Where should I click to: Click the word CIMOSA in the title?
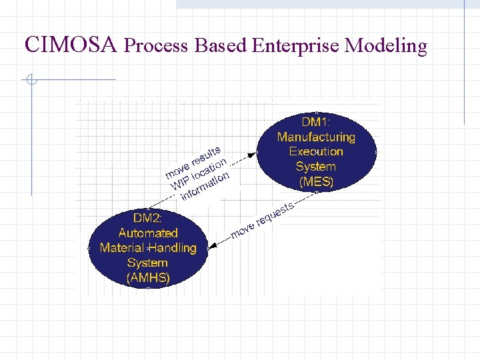(x=71, y=45)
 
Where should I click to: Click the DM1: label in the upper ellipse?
(x=316, y=122)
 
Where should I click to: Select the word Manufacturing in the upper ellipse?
(x=316, y=137)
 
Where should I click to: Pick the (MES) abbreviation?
(x=316, y=181)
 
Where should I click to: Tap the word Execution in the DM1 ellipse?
(x=316, y=151)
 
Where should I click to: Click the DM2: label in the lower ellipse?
(x=147, y=218)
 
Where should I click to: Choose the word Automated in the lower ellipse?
(x=147, y=233)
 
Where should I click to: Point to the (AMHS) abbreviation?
(x=147, y=277)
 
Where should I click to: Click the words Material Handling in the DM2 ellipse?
(x=147, y=247)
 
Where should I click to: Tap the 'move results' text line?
(x=193, y=161)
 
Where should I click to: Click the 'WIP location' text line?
(x=199, y=173)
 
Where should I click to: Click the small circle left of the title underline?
(x=30, y=81)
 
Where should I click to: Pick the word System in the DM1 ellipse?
(x=316, y=167)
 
